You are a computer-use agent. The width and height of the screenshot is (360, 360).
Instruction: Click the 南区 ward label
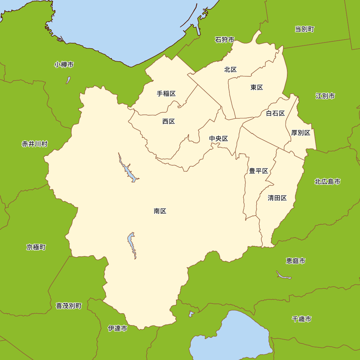point(160,211)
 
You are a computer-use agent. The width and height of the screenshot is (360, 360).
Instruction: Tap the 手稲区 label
point(166,94)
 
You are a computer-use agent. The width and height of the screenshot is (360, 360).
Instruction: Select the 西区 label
point(168,121)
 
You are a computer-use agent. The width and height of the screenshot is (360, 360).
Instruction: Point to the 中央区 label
point(219,139)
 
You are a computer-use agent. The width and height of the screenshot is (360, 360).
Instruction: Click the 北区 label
point(230,69)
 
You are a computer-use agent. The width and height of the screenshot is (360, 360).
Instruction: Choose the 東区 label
point(257,87)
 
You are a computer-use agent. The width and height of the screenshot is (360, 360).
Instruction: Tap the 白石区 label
point(275,113)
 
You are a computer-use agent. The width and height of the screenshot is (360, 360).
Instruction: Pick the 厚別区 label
point(301,133)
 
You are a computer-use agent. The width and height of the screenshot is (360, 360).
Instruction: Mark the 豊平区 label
point(259,171)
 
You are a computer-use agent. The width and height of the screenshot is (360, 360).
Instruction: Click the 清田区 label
point(277,198)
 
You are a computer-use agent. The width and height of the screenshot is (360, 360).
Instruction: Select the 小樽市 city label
point(64,65)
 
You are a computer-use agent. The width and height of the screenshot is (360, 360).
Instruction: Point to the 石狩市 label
point(225,40)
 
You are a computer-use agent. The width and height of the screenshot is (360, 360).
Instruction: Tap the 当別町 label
point(305,29)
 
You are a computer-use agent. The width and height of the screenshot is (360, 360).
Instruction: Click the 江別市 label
point(325,96)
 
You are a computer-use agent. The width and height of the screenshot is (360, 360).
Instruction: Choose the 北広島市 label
point(327,181)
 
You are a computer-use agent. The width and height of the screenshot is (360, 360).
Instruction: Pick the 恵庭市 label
point(296,261)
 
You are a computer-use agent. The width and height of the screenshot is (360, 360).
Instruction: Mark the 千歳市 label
point(302,319)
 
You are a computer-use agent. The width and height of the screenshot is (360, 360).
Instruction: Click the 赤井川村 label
point(35,144)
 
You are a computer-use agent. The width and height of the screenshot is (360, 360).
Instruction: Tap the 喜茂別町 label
point(68,306)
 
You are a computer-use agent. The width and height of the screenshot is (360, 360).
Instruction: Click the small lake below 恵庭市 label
point(283,276)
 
